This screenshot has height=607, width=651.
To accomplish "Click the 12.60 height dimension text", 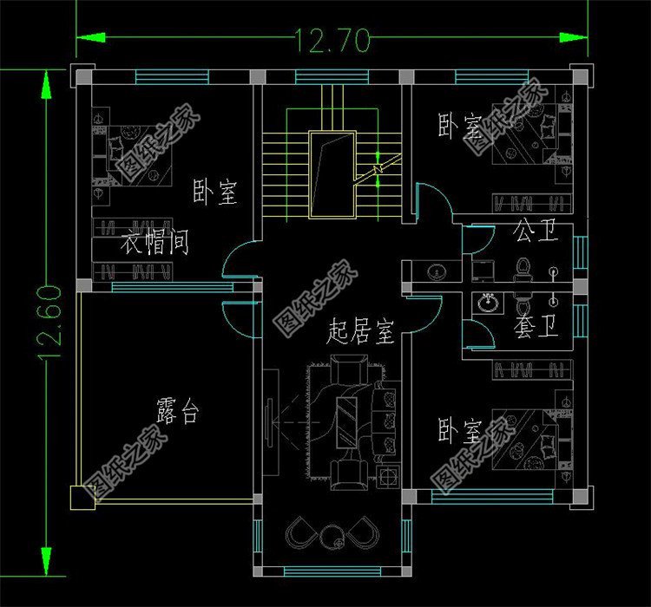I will coord(48,323).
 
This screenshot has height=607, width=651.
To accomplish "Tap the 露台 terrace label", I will coord(177,411).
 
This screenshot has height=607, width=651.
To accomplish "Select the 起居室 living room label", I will coord(361,331).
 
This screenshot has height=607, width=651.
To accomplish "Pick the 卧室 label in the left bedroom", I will coord(215,193).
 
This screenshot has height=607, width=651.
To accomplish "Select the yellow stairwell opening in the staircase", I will coord(332,173).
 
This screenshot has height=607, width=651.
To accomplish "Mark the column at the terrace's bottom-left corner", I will coord(81,495).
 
